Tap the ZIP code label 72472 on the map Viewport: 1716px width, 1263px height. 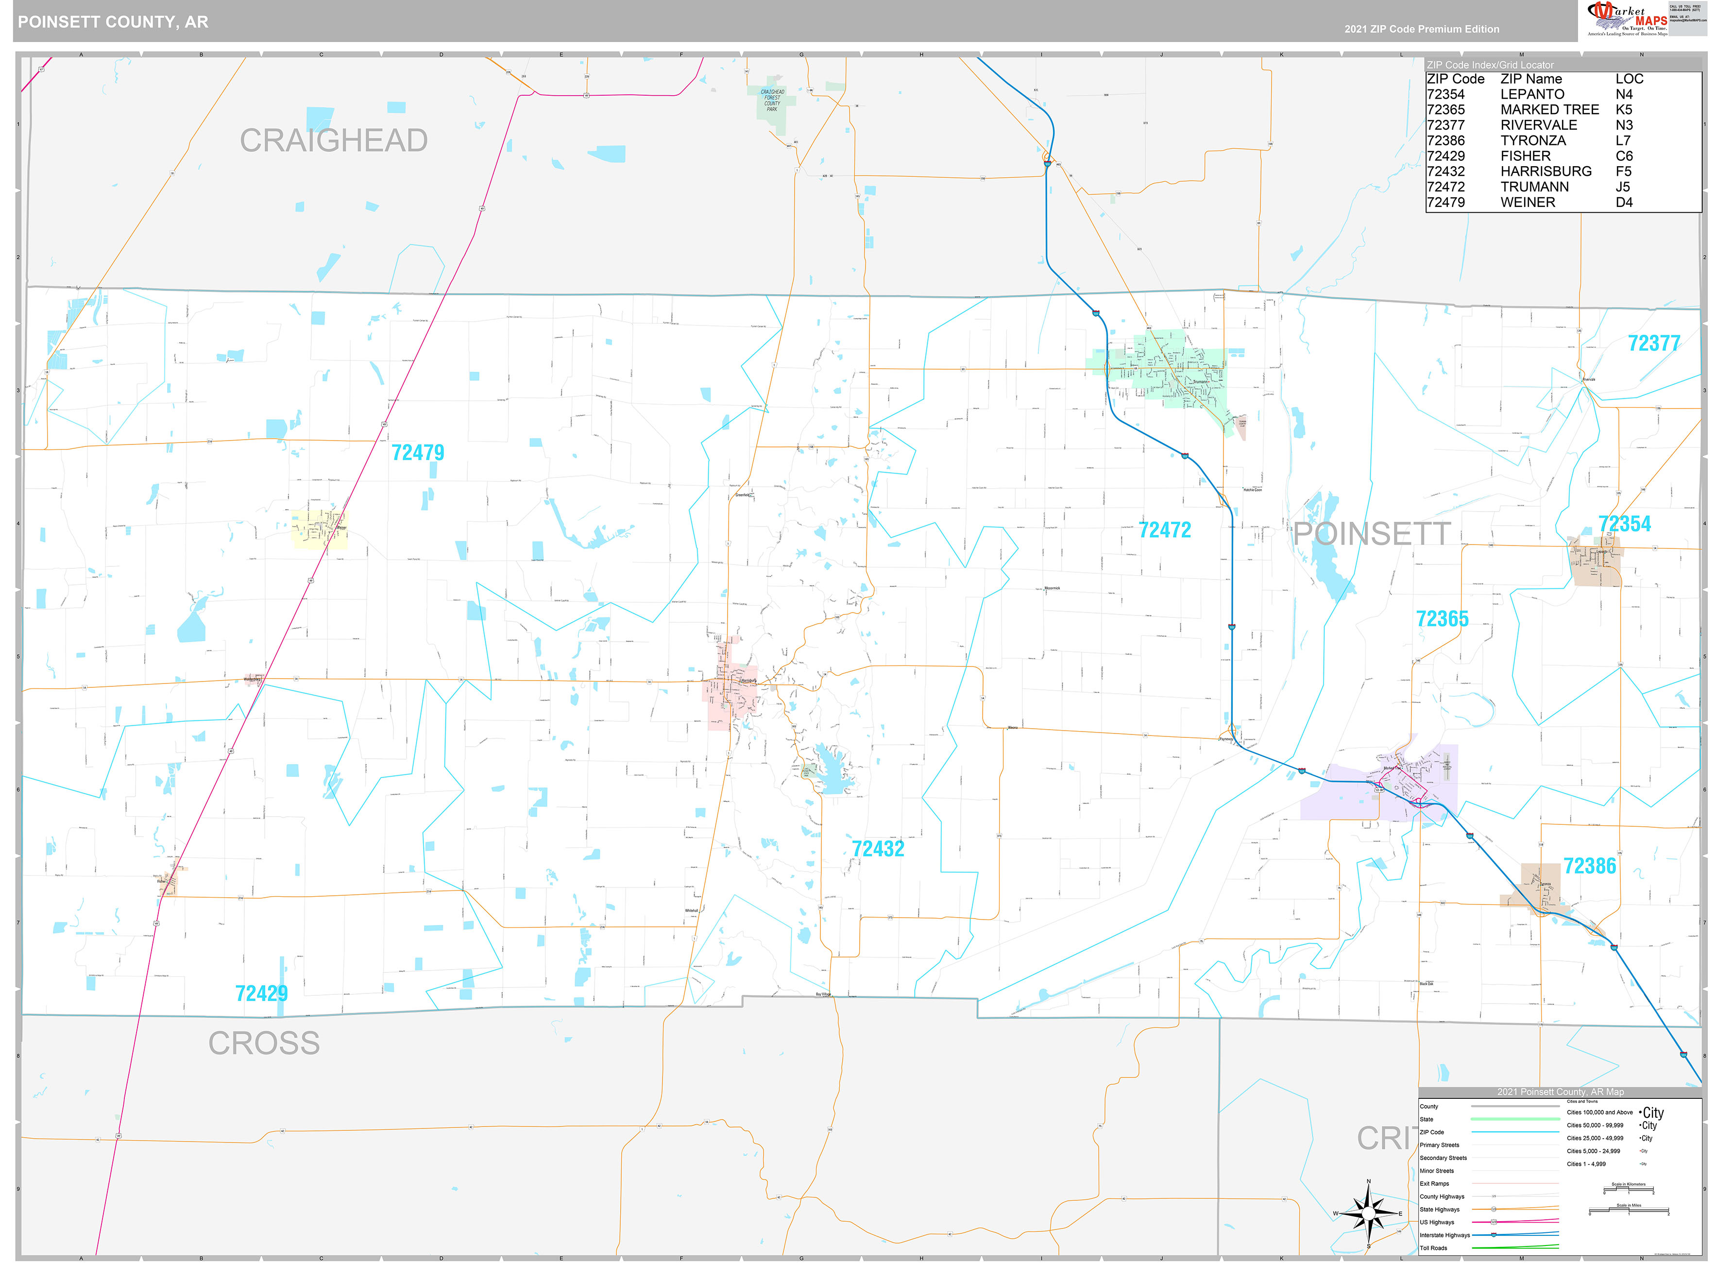[1164, 530]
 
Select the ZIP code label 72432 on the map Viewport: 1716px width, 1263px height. [878, 849]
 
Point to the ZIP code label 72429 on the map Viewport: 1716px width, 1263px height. [261, 993]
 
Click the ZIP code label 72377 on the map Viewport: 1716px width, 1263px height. [1653, 343]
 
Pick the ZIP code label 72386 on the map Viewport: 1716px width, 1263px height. [1589, 866]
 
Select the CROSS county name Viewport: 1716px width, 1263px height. [264, 1043]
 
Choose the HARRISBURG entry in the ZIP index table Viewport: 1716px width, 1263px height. [1546, 171]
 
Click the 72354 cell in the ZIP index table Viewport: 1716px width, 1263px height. [1445, 94]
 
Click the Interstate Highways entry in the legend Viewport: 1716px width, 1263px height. [1444, 1235]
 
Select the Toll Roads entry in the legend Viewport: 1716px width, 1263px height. [1433, 1248]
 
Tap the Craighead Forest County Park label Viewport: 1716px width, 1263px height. [772, 100]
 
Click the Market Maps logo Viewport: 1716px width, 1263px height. [1626, 18]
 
